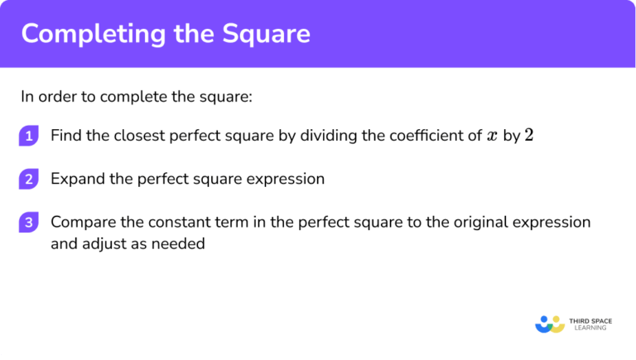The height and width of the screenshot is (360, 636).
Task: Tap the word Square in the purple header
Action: pyautogui.click(x=267, y=34)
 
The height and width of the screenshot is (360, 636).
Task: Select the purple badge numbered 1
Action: pyautogui.click(x=28, y=137)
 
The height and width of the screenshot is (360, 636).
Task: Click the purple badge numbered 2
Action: pyautogui.click(x=28, y=179)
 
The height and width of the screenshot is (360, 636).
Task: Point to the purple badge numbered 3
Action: pyautogui.click(x=28, y=223)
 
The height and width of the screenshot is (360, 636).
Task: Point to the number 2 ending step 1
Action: pyautogui.click(x=529, y=136)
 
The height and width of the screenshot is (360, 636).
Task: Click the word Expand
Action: pyautogui.click(x=76, y=179)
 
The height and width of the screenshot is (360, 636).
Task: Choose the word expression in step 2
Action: pyautogui.click(x=287, y=179)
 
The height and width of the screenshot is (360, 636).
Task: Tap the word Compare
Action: pyautogui.click(x=81, y=223)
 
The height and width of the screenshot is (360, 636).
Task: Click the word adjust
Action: pyautogui.click(x=102, y=244)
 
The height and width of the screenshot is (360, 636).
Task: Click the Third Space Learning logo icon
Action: pyautogui.click(x=549, y=323)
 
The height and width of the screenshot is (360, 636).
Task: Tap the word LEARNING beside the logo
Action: pyautogui.click(x=589, y=328)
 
